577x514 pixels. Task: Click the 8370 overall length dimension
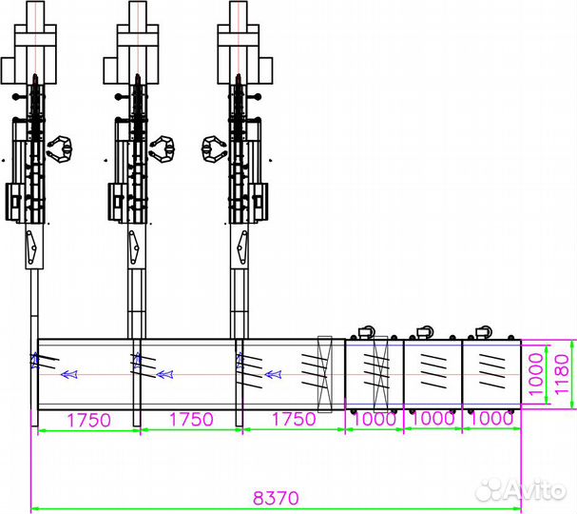[x=276, y=498]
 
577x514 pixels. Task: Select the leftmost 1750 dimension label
[x=89, y=420]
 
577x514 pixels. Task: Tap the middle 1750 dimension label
[x=191, y=420]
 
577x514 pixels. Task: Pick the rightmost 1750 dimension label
[x=294, y=420]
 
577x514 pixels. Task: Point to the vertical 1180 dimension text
[x=562, y=374]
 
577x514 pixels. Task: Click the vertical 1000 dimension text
[x=536, y=374]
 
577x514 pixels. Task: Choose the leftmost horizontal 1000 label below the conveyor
[x=375, y=419]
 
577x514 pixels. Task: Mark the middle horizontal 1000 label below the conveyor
[x=433, y=419]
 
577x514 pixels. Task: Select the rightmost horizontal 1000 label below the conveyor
[x=491, y=419]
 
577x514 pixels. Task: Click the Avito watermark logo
[x=520, y=489]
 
